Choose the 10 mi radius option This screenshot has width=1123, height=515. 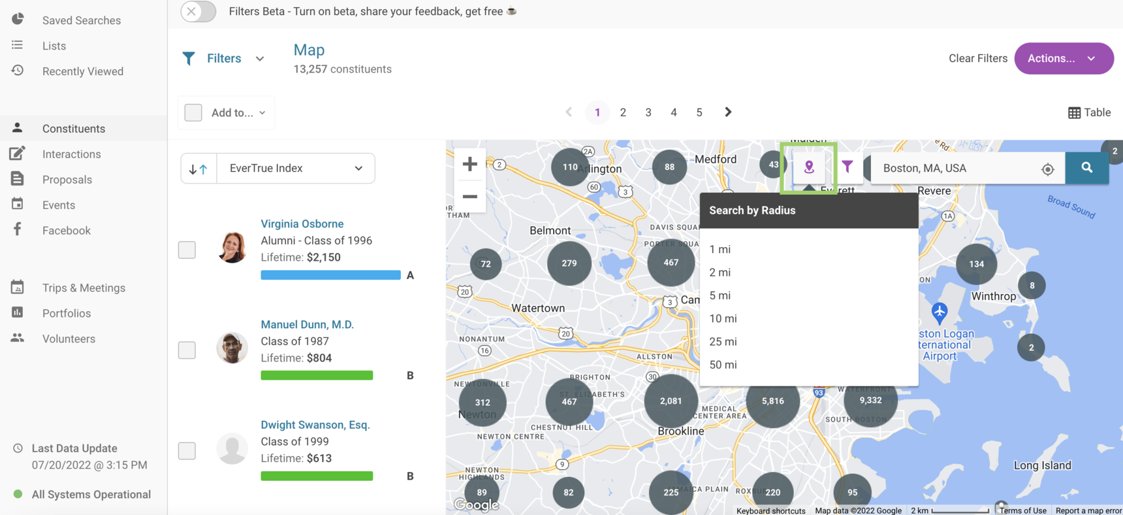point(723,318)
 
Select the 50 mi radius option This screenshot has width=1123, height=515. point(723,365)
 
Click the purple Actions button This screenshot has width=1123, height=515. point(1063,58)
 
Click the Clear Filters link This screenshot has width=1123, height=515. point(977,58)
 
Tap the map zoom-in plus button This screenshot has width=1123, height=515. point(469,164)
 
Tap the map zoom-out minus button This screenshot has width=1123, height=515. point(469,196)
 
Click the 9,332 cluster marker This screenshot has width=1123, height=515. point(870,400)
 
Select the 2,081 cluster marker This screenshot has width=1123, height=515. point(671,401)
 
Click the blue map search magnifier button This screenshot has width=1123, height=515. point(1086,168)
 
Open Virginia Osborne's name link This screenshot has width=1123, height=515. point(302,224)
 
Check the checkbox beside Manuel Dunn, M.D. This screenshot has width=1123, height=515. point(187,350)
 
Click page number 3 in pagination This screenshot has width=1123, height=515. point(648,112)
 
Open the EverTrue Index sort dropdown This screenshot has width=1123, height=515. point(295,168)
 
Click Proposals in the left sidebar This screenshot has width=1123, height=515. point(67,180)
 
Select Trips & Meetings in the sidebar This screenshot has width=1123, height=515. point(84,288)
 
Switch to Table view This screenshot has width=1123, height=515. point(1089,112)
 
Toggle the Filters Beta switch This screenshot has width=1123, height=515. point(198,11)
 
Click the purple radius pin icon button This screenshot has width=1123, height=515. point(808,167)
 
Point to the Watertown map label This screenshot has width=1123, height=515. point(538,308)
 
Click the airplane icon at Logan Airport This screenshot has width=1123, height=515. point(939,312)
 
